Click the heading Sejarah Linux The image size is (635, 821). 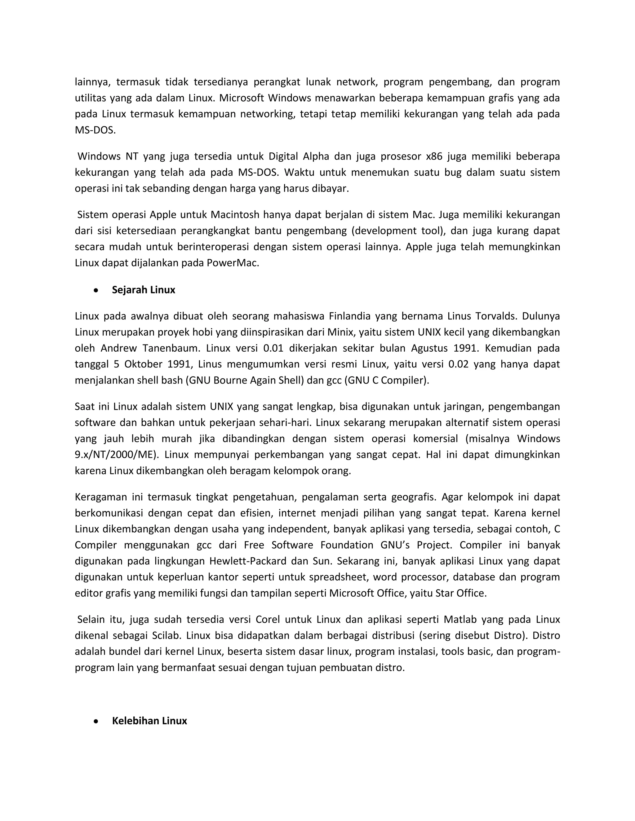coord(143,290)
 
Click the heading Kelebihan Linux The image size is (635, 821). coord(149,721)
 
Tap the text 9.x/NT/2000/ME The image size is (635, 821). coord(115,455)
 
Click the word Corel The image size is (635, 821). coord(268,620)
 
